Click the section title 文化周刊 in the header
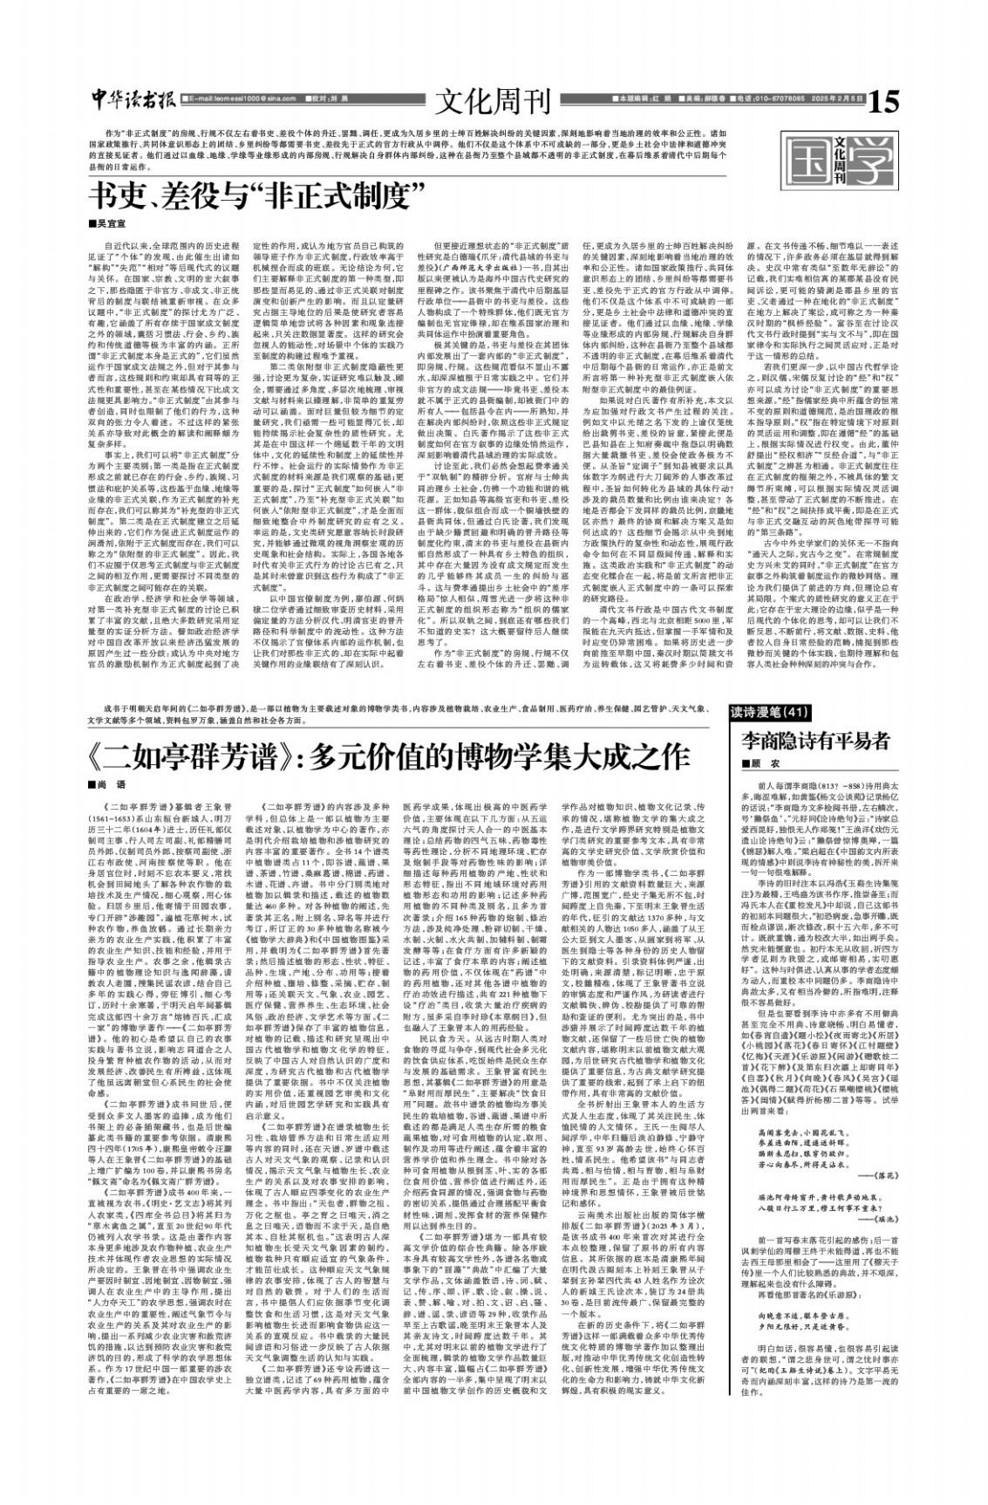(494, 101)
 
